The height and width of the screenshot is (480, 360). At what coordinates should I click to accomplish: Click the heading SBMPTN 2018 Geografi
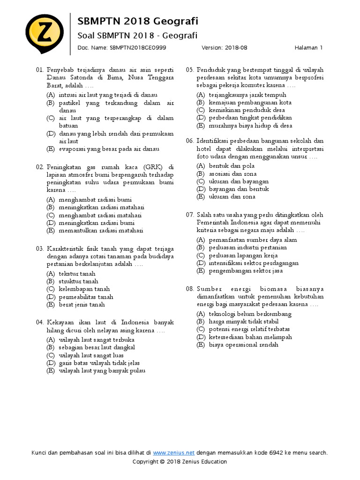pos(137,21)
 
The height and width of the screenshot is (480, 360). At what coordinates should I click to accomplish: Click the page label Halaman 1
pos(309,47)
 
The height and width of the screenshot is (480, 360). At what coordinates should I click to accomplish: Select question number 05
pos(189,70)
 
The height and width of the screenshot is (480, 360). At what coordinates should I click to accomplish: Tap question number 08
pos(189,289)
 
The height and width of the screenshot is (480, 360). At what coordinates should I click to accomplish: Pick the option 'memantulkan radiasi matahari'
pos(101,231)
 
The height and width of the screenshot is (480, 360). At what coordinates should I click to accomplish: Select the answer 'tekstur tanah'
pos(77,274)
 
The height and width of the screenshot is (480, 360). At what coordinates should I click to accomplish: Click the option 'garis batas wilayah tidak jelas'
pos(99,363)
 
